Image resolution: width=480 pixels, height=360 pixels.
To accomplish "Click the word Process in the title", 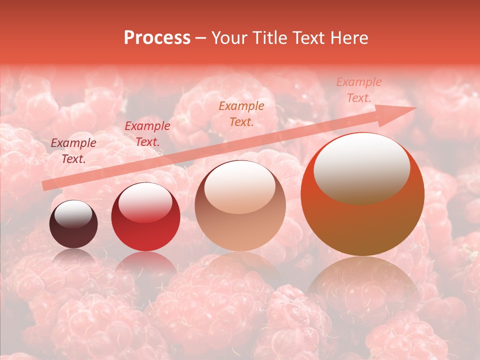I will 157,38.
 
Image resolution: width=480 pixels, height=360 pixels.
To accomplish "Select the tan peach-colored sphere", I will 240,205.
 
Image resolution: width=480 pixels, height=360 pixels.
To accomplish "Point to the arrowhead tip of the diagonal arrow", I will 415,108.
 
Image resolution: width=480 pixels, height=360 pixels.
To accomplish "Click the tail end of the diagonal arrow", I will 43,186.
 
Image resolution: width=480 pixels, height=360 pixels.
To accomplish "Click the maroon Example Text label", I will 73,150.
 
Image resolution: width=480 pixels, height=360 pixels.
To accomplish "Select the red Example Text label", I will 147,133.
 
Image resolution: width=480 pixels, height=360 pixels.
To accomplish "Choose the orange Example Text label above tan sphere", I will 241,113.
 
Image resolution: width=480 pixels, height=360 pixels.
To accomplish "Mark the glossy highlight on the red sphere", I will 145,200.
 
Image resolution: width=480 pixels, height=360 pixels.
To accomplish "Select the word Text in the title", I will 308,38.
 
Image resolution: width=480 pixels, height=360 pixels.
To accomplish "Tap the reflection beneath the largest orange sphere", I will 362,285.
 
